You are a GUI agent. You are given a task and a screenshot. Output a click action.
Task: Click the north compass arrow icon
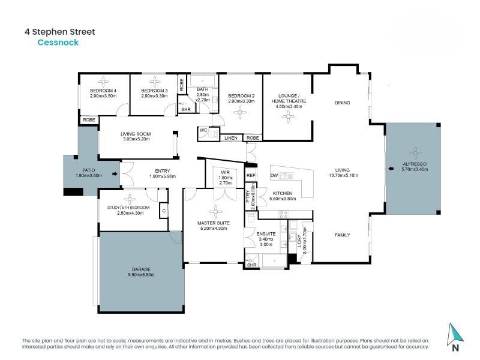pyautogui.click(x=455, y=335)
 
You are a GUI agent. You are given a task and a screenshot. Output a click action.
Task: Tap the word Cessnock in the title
pyautogui.click(x=58, y=42)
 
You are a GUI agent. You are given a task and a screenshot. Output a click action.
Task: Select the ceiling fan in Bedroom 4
pyautogui.click(x=103, y=82)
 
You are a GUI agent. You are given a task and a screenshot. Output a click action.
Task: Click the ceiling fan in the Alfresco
pyautogui.click(x=415, y=153)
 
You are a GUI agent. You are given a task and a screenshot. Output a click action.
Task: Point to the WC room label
pyautogui.click(x=203, y=130)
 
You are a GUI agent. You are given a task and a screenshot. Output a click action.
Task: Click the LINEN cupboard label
pyautogui.click(x=231, y=138)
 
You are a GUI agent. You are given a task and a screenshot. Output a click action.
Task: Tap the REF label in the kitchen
pyautogui.click(x=251, y=175)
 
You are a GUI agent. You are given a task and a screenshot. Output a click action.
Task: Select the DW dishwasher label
pyautogui.click(x=274, y=175)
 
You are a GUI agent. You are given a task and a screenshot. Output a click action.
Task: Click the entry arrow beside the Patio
pyautogui.click(x=115, y=174)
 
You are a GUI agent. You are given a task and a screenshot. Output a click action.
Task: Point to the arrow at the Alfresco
pyautogui.click(x=391, y=169)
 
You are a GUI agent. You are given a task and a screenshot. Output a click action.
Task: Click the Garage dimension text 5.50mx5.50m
pyautogui.click(x=141, y=275)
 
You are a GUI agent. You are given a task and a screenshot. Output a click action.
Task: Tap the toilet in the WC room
pyautogui.click(x=214, y=134)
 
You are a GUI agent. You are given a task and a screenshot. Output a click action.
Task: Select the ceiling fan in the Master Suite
pyautogui.click(x=216, y=212)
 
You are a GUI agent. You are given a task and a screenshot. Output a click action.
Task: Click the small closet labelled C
pyautogui.click(x=164, y=211)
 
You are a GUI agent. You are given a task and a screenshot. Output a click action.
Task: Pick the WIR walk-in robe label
pyautogui.click(x=225, y=172)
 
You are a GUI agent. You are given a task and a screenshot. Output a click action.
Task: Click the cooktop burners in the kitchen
pyautogui.click(x=283, y=214)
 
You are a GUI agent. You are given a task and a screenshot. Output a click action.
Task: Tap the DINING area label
pyautogui.click(x=342, y=103)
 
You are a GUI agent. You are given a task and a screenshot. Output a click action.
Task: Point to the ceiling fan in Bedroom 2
pyautogui.click(x=239, y=112)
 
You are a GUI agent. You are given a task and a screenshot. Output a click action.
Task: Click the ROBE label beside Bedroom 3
pyautogui.click(x=182, y=85)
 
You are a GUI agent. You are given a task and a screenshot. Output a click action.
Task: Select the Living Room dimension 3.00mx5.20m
pyautogui.click(x=136, y=139)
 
